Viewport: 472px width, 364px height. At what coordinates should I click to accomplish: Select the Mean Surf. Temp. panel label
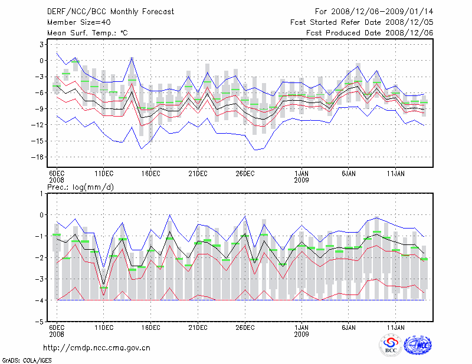click(87, 33)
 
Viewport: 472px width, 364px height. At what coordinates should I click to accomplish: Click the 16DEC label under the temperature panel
click(150, 173)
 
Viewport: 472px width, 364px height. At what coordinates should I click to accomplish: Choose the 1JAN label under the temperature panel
click(301, 173)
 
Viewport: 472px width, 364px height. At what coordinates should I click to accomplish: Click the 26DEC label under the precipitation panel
click(245, 327)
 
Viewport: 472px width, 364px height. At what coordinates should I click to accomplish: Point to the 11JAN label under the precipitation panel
click(395, 327)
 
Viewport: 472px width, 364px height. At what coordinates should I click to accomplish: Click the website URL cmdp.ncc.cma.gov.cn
click(97, 348)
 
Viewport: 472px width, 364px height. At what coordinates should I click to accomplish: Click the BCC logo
click(390, 346)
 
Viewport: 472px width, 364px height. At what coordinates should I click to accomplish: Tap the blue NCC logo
click(418, 346)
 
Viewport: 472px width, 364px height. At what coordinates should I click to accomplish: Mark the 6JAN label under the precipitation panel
click(348, 327)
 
